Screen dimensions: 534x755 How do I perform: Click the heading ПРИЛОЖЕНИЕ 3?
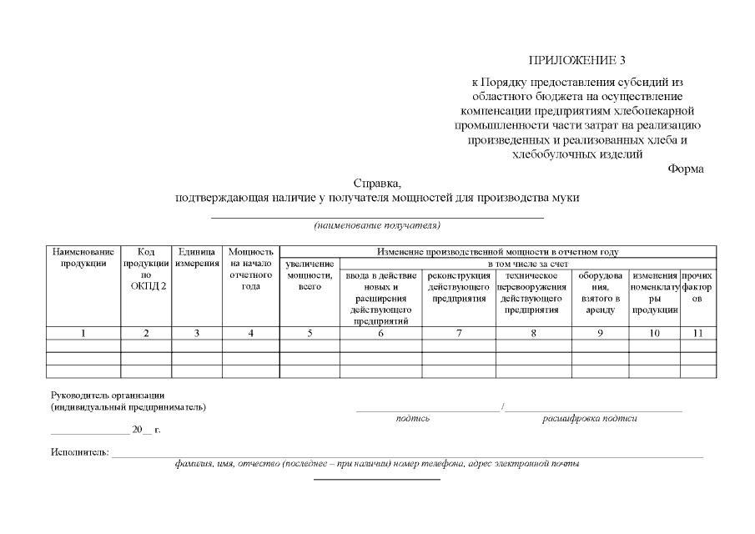[x=576, y=60]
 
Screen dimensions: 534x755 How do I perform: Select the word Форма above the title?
[x=686, y=169]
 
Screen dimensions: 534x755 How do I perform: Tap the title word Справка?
[x=377, y=183]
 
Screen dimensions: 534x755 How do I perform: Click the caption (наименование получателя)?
[x=377, y=225]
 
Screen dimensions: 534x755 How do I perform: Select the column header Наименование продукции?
[x=83, y=257]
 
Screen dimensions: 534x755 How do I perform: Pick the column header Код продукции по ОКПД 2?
[x=146, y=269]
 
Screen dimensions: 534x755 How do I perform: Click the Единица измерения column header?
[x=197, y=257]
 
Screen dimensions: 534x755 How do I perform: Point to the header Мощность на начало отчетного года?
[x=250, y=269]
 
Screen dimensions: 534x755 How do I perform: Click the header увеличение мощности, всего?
[x=310, y=275]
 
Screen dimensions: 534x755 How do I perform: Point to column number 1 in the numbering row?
[x=83, y=334]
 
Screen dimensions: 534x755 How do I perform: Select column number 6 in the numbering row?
[x=380, y=334]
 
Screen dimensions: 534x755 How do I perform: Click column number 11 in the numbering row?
[x=698, y=334]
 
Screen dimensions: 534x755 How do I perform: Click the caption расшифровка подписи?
[x=589, y=418]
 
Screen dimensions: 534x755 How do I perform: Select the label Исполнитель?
[x=79, y=452]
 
